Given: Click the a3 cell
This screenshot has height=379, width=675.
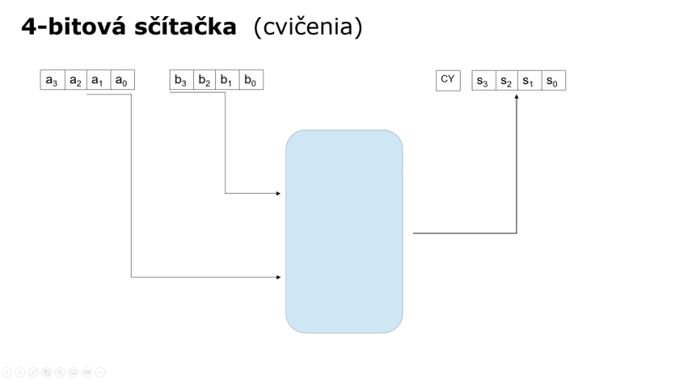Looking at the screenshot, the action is [52, 80].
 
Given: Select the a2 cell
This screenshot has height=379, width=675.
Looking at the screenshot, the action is [76, 80].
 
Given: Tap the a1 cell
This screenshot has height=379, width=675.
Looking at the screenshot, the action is [99, 80].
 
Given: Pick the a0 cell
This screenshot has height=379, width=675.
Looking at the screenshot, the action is [122, 80].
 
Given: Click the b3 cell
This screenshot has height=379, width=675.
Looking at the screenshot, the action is [181, 80].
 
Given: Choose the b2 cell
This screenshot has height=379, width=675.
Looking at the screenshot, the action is [204, 80].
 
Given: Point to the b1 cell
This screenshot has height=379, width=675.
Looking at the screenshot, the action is [227, 80].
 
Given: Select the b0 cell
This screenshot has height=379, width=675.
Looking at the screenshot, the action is [251, 80].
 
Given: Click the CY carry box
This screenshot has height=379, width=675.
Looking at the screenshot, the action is [448, 80].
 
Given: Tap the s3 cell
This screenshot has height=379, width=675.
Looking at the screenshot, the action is [483, 80].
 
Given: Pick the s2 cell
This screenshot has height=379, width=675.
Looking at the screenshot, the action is [507, 80].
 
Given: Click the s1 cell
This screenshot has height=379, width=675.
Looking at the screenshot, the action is [530, 80].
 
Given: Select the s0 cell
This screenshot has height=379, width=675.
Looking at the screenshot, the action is [553, 80].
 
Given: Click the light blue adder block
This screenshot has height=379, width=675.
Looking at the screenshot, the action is [344, 232].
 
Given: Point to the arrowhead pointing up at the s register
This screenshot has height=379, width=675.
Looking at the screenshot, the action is [516, 97].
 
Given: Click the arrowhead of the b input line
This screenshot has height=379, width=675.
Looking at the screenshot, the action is [278, 194].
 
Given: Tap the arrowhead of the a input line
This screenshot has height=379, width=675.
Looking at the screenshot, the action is [278, 277].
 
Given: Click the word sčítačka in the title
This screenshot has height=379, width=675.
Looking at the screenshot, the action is [186, 27].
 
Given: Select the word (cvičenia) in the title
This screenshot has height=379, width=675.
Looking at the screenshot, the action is [308, 27].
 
